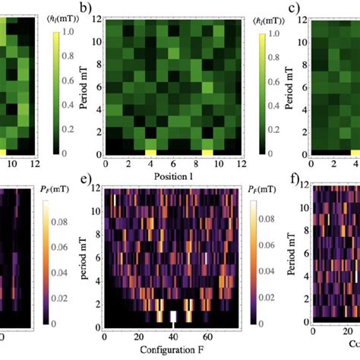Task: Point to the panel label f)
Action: pyautogui.click(x=295, y=182)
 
